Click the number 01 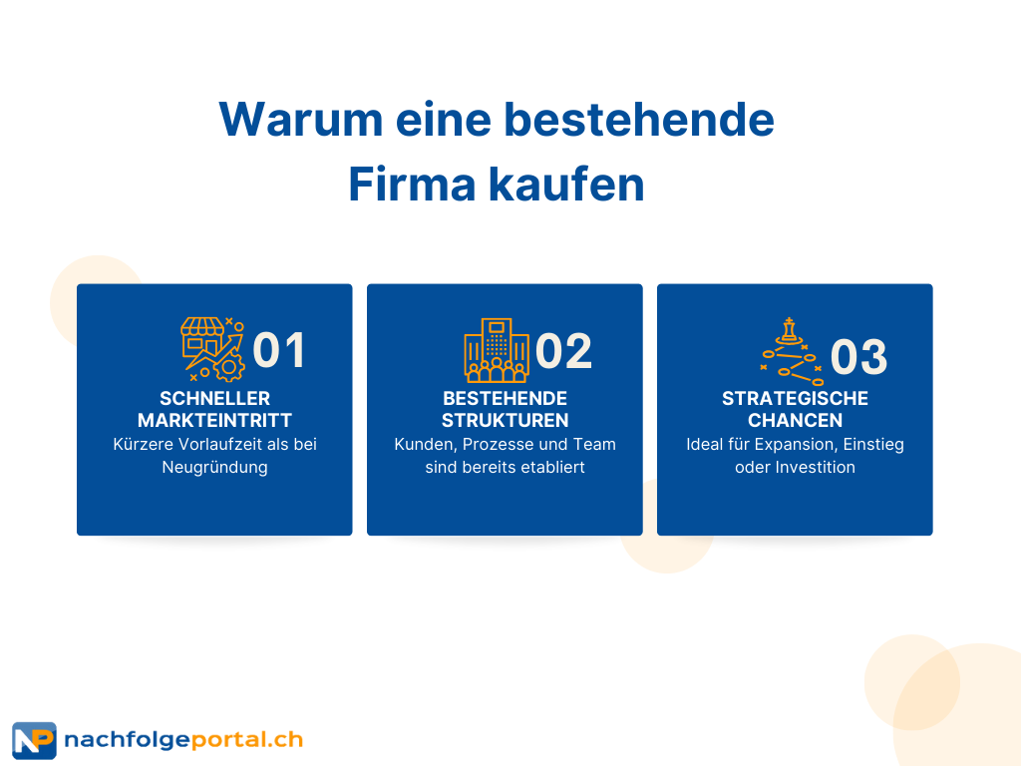279,350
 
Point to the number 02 563,350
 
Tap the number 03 858,356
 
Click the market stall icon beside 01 212,349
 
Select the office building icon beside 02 497,350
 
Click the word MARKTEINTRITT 214,420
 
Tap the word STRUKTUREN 505,420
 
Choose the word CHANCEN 795,420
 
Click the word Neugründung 214,467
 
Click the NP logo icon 34,740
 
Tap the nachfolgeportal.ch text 183,740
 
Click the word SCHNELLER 214,398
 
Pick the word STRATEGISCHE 795,398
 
